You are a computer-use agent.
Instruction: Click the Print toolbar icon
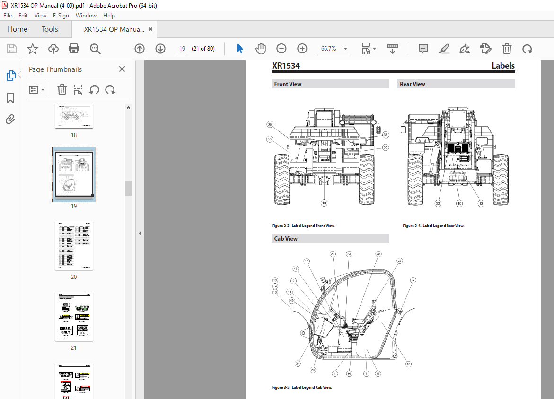pos(74,49)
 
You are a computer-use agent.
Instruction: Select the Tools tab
pos(50,29)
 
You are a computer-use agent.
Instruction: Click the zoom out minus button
pos(281,49)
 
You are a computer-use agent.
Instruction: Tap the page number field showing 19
pos(182,49)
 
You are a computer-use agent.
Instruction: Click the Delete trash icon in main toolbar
pos(507,49)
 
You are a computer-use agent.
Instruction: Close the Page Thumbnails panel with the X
pos(122,69)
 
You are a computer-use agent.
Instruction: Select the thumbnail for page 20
pos(74,245)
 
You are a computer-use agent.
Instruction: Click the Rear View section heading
pos(413,84)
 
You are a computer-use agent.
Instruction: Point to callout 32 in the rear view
pos(438,203)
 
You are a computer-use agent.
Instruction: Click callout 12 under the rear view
pos(481,203)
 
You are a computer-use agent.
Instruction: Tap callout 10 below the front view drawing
pos(324,203)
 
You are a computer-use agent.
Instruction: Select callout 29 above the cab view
pos(333,254)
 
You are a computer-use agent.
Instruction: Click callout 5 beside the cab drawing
pos(413,280)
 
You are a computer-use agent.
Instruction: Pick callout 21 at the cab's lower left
pos(298,364)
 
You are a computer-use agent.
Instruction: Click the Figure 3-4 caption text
pos(433,226)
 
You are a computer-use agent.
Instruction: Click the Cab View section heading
pos(286,239)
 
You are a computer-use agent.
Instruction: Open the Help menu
pos(109,16)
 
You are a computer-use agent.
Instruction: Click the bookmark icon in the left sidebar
pos(10,98)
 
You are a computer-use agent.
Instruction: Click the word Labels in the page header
pos(502,66)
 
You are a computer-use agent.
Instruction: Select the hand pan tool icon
pos(261,49)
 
